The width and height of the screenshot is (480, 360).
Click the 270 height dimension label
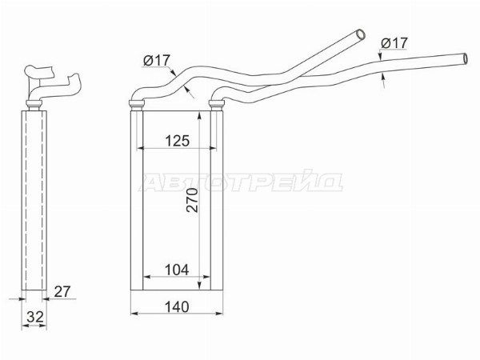click(x=192, y=200)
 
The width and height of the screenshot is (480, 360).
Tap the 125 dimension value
click(x=178, y=141)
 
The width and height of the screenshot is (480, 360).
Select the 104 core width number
click(x=177, y=270)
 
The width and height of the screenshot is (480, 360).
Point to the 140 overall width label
click(x=177, y=306)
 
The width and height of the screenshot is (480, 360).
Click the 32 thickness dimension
click(x=35, y=317)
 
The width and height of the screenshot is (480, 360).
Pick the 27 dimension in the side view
click(x=62, y=291)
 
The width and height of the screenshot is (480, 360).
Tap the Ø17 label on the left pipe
click(x=157, y=61)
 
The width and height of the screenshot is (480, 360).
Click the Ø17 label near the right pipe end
click(x=394, y=43)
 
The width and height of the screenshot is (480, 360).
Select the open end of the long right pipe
click(x=466, y=58)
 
